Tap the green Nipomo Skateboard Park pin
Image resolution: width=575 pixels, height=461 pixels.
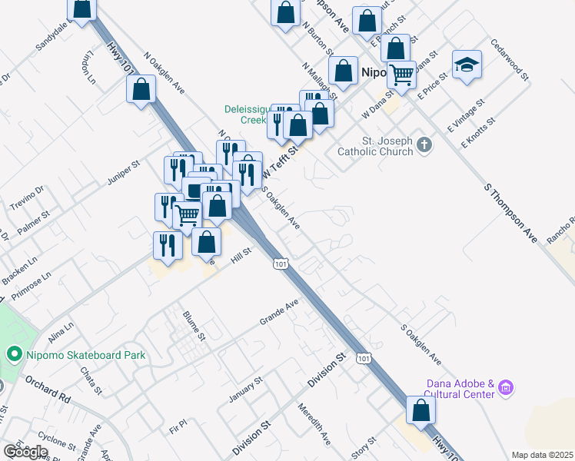pos(12,355)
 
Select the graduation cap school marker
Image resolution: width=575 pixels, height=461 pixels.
pos(467,65)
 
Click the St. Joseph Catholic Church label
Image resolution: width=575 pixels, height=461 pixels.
pos(375,146)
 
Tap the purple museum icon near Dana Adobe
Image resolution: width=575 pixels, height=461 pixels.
pos(505,389)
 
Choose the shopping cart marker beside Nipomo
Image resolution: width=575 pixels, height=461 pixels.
pos(401,75)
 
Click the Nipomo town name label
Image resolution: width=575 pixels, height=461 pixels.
pos(377,73)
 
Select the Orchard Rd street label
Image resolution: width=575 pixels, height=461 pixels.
pos(47,387)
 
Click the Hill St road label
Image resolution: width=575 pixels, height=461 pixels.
pos(241,254)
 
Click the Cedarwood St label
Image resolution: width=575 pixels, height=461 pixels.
pos(511,61)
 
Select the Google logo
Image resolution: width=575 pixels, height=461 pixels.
pos(25,452)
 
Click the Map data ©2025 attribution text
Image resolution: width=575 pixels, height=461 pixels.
pos(542,455)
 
